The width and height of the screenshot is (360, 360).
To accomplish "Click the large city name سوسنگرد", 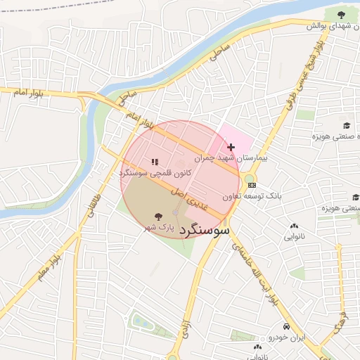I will click(x=205, y=230).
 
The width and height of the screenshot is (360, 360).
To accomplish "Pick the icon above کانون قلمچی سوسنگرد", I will click(x=154, y=162).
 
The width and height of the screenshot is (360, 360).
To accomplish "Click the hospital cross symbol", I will click(x=231, y=147).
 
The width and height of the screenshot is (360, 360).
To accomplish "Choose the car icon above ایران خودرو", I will click(x=286, y=327).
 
